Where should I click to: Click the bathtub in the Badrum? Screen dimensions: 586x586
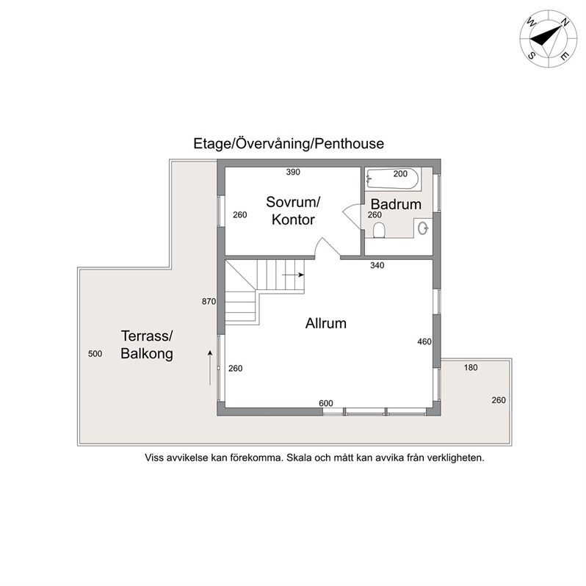click(x=393, y=178)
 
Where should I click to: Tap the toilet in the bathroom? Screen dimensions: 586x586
click(x=379, y=231)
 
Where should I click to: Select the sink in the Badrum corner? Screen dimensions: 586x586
click(x=423, y=228)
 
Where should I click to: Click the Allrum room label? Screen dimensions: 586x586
click(x=326, y=323)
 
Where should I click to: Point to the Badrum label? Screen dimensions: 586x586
click(x=396, y=204)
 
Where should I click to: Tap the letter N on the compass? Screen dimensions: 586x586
click(x=565, y=23)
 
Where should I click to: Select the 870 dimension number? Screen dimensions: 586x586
click(x=209, y=301)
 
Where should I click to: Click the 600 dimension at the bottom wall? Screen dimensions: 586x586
click(x=326, y=403)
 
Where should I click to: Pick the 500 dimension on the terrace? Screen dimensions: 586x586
click(x=95, y=353)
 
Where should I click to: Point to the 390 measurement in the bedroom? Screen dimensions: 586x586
click(x=293, y=172)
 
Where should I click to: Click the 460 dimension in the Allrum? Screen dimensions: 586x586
click(x=424, y=341)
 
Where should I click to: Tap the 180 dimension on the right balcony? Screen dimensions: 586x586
click(x=471, y=367)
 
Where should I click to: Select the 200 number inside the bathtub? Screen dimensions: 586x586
click(x=400, y=173)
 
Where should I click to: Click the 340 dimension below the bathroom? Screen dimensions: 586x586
click(x=377, y=265)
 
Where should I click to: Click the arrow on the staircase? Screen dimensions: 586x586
click(x=293, y=275)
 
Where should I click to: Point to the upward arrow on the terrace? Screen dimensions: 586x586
click(x=210, y=368)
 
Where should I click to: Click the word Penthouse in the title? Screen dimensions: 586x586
click(x=349, y=143)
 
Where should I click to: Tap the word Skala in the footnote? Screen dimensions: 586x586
click(x=300, y=457)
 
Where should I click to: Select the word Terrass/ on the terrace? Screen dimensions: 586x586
click(x=147, y=336)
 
